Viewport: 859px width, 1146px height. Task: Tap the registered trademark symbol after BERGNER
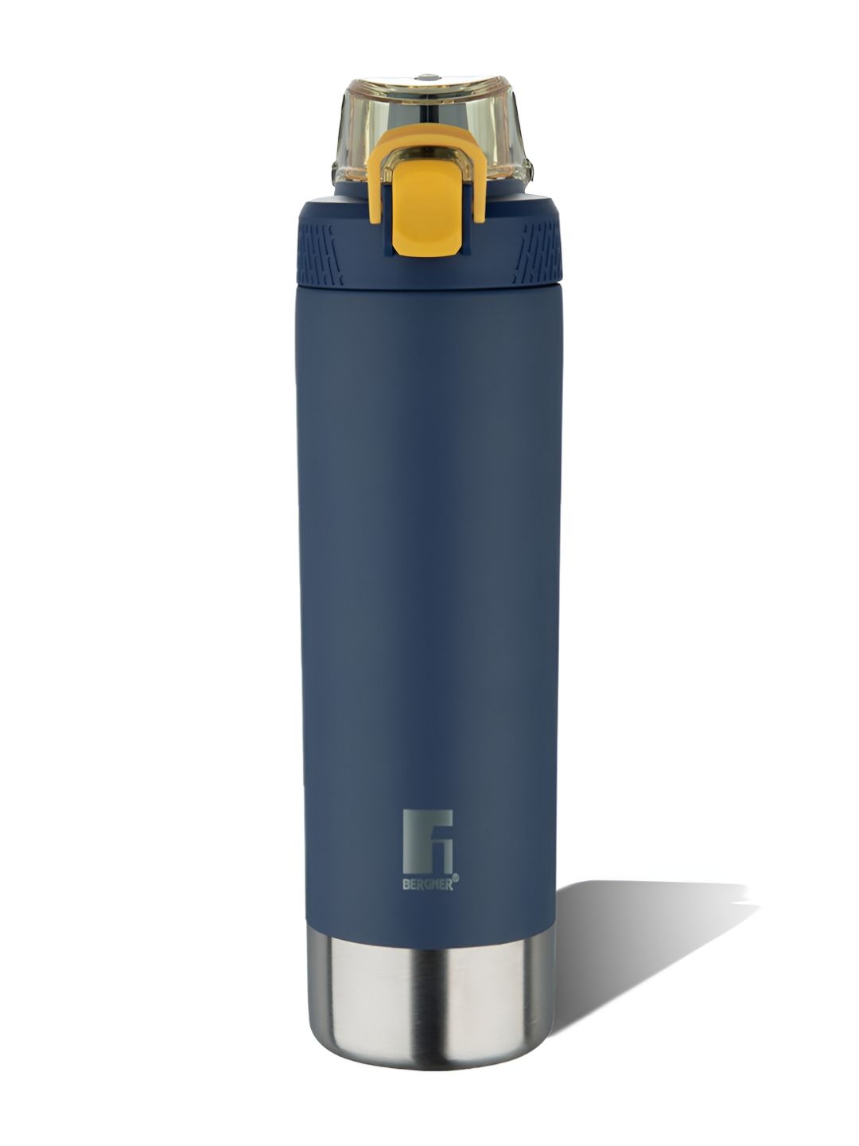click(456, 879)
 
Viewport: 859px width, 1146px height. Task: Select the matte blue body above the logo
click(429, 557)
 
